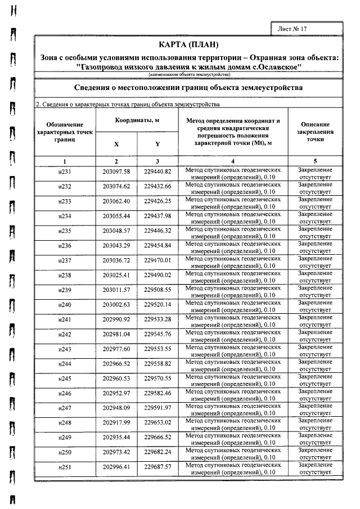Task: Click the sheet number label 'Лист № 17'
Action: (x=292, y=28)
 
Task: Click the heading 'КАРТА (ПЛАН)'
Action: (x=188, y=44)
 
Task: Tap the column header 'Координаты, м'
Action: (x=137, y=121)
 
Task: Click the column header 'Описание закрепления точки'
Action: (x=315, y=132)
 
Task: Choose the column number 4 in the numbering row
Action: (x=232, y=161)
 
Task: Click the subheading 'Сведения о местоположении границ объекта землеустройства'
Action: (x=188, y=88)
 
